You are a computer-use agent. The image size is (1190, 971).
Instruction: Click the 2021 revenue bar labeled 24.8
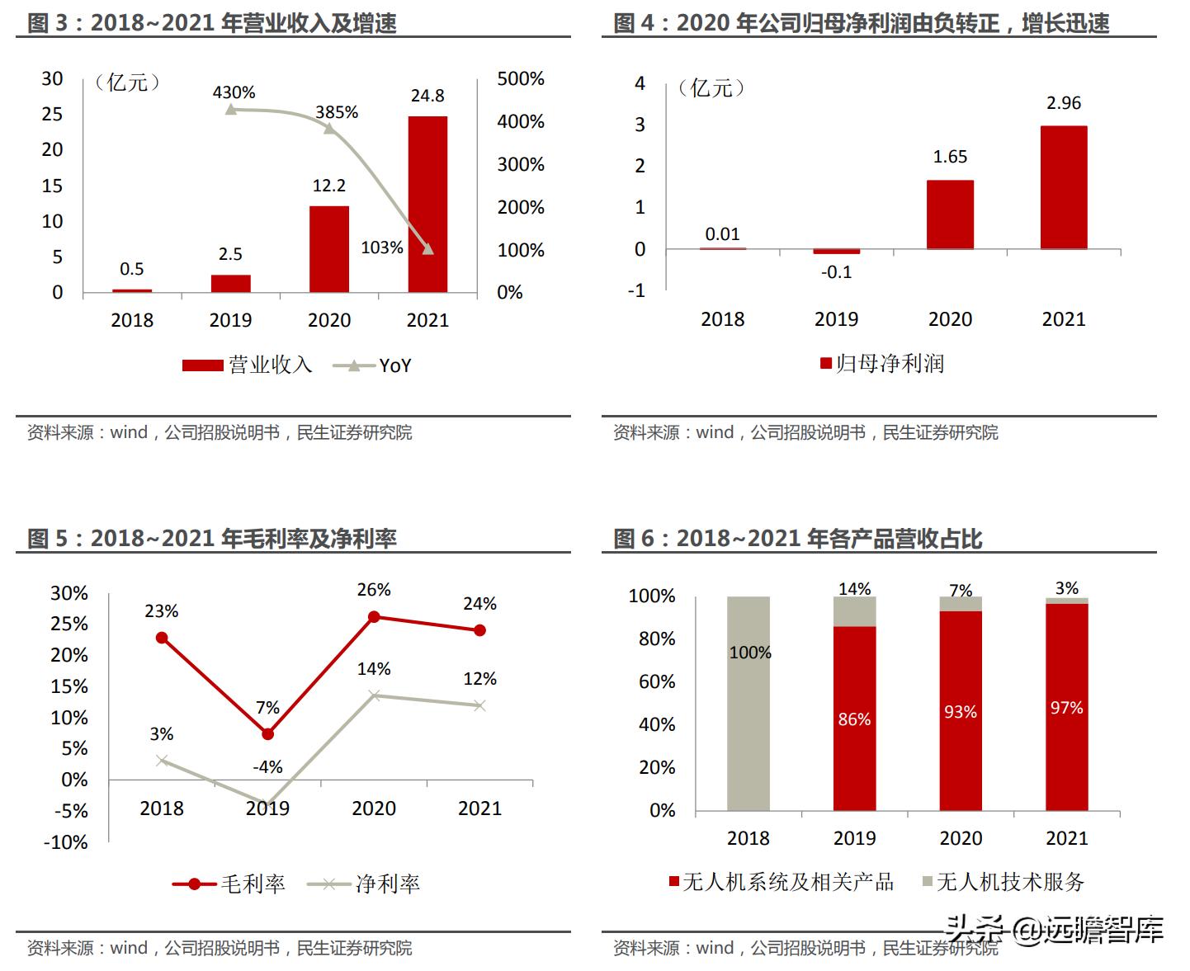click(x=427, y=204)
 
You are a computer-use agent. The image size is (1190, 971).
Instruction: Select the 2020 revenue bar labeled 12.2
click(x=328, y=248)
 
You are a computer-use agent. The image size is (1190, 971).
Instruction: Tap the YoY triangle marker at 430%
click(x=231, y=109)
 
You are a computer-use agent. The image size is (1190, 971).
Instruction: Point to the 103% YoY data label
click(x=381, y=247)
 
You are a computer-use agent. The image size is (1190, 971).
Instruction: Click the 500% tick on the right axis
click(x=520, y=79)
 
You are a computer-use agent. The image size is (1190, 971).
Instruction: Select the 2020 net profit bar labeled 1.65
click(x=950, y=214)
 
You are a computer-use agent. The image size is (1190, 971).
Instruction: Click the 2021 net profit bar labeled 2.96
click(x=1063, y=187)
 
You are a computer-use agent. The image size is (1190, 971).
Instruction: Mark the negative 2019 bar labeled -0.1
click(x=836, y=252)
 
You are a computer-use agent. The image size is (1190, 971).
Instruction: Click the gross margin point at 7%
click(x=267, y=733)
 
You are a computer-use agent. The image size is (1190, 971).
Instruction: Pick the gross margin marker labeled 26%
click(x=374, y=616)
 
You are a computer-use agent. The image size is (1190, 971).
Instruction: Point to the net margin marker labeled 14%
click(x=374, y=695)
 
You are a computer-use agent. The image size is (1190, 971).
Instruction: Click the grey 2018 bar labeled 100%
click(x=748, y=703)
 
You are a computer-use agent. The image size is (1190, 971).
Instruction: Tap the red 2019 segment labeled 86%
click(x=854, y=718)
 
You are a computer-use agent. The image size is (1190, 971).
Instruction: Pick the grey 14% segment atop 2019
click(x=854, y=611)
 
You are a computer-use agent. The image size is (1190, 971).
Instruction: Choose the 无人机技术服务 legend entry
click(x=1003, y=882)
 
